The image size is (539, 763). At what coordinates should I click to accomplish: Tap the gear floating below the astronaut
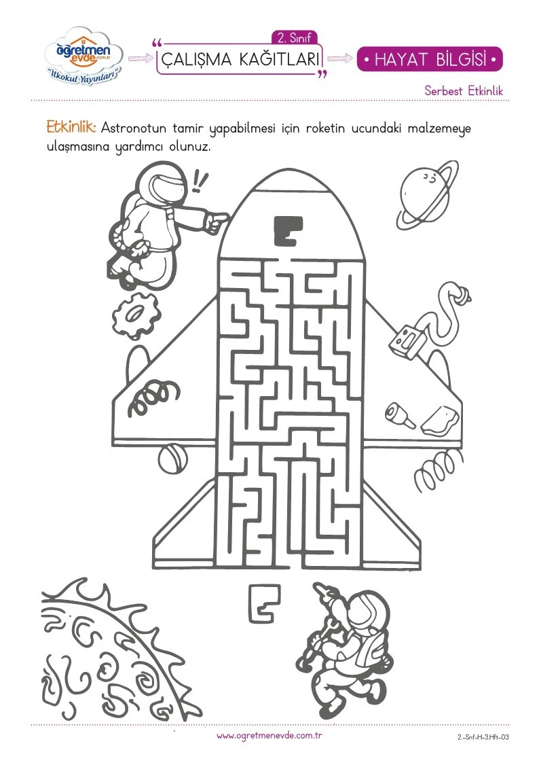[x=136, y=315]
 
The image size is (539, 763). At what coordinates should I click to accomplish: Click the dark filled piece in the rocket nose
[x=288, y=230]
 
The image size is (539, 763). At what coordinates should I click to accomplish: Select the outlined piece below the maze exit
[x=264, y=603]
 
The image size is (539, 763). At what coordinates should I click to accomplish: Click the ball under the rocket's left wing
[x=172, y=459]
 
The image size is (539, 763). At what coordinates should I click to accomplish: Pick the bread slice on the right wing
[x=440, y=421]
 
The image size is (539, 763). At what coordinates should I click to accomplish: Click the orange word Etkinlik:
[x=71, y=127]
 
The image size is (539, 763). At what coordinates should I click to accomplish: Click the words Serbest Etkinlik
[x=464, y=90]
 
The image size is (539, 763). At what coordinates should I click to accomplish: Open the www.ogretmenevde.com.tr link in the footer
[x=269, y=736]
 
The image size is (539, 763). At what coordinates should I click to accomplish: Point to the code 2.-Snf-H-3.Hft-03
[x=483, y=737]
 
